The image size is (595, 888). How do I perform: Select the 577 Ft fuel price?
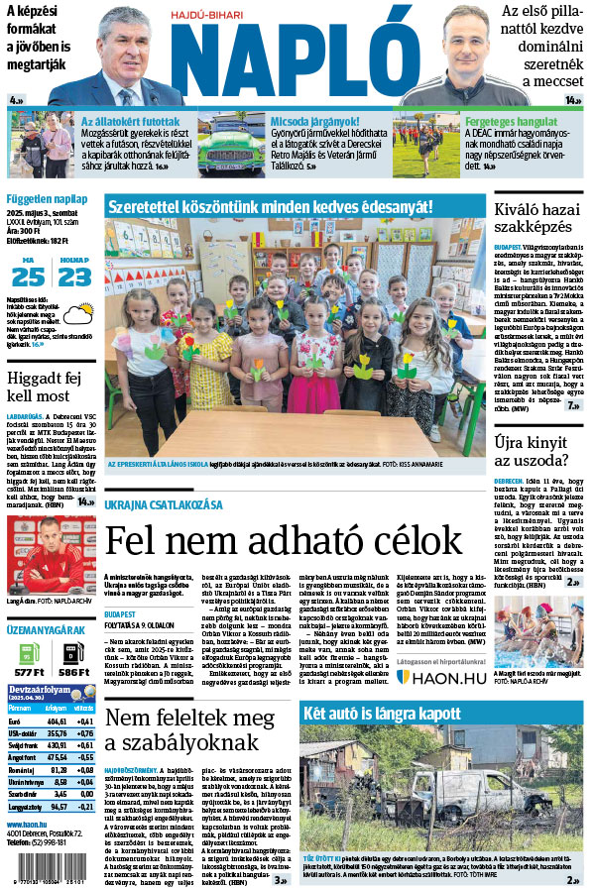coord(30,671)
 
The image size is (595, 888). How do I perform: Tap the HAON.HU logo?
coord(440,649)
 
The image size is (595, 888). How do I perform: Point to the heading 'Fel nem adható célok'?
coord(284,542)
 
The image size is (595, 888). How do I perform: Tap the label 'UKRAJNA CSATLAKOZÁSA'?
coord(164,505)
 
